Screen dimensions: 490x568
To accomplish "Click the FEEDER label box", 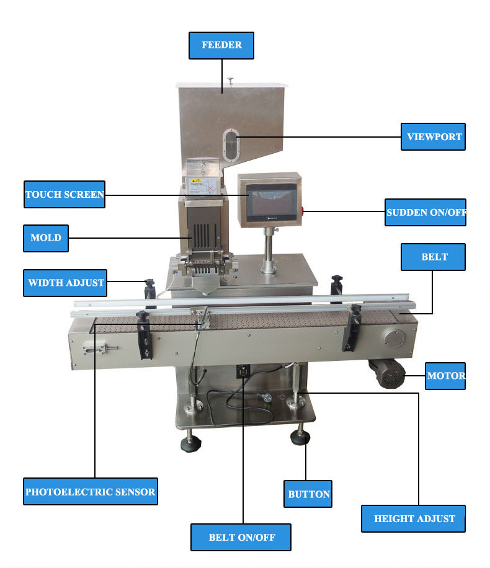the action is [221, 45].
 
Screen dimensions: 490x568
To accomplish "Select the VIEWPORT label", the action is [434, 136].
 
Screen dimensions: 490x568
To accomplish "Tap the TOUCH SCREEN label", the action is [65, 195].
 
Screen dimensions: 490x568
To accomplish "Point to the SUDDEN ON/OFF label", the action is [425, 213].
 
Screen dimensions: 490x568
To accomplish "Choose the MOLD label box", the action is [46, 238].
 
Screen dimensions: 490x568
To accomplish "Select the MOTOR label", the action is [445, 375].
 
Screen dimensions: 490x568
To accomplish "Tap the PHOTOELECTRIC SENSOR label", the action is [91, 492].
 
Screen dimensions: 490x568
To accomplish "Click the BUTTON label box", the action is [308, 494].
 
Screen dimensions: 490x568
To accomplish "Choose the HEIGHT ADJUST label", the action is [414, 518].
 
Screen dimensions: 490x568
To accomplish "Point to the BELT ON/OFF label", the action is [241, 537].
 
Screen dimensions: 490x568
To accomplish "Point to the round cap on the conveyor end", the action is [393, 340].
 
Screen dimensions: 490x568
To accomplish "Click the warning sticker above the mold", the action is [203, 184].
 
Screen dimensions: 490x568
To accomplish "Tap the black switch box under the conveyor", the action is [243, 371].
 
